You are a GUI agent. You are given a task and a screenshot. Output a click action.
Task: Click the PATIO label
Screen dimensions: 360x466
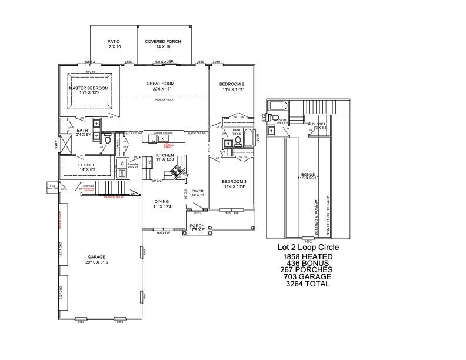pyautogui.click(x=114, y=42)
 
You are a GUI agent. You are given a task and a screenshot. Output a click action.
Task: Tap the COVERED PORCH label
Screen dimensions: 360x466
pyautogui.click(x=163, y=42)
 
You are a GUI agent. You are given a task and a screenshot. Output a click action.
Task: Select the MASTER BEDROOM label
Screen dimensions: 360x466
pyautogui.click(x=89, y=88)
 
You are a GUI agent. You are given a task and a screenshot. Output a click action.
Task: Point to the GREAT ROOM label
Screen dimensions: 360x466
pyautogui.click(x=161, y=84)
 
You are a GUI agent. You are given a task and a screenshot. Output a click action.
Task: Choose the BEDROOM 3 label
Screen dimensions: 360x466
pyautogui.click(x=233, y=181)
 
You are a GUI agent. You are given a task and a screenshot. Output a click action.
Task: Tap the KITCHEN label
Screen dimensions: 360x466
pyautogui.click(x=165, y=155)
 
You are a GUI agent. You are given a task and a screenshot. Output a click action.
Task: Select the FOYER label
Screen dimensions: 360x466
pyautogui.click(x=197, y=191)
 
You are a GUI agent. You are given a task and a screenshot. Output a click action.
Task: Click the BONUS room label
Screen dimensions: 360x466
pyautogui.click(x=308, y=175)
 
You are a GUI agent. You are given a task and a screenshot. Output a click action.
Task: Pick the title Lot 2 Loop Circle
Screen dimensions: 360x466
pyautogui.click(x=308, y=248)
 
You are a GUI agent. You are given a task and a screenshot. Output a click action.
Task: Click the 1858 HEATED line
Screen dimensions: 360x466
pyautogui.click(x=308, y=257)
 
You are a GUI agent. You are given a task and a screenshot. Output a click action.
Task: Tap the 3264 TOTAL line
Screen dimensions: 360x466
pyautogui.click(x=308, y=284)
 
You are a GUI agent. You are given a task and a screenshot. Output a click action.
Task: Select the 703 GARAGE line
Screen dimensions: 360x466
pyautogui.click(x=308, y=277)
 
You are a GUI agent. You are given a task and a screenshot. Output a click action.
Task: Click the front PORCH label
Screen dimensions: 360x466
pyautogui.click(x=197, y=225)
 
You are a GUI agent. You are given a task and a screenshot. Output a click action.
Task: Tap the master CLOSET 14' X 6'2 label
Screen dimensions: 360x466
pyautogui.click(x=90, y=168)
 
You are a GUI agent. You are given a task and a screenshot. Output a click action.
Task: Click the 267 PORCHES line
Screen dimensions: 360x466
pyautogui.click(x=308, y=270)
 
